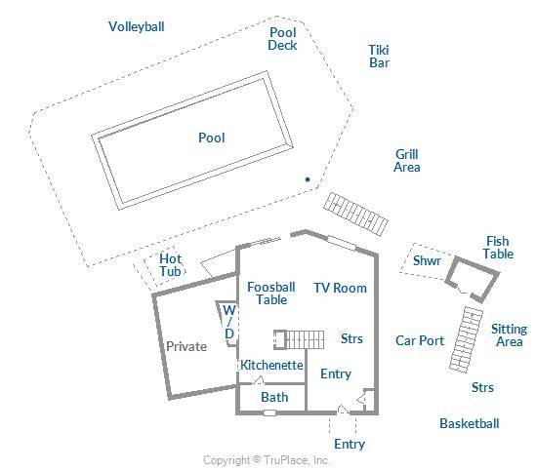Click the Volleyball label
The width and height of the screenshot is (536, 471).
coord(137,26)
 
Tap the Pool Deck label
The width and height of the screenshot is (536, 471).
coord(282,39)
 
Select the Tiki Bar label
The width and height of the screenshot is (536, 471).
coord(379,57)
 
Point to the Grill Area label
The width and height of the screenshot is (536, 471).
coord(407,161)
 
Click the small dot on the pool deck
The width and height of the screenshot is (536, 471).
coord(308,179)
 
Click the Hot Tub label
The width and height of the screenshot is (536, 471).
coord(171,265)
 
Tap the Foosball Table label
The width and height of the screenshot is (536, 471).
coord(271,294)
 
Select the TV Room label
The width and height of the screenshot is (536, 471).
coord(340,288)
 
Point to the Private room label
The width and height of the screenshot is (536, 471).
coord(186,347)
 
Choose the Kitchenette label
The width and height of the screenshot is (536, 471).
coord(271,365)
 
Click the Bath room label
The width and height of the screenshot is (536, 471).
coord(274,397)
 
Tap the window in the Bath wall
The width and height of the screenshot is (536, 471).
coord(269,412)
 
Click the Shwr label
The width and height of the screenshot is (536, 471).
coord(427,260)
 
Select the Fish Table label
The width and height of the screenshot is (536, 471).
coord(498,248)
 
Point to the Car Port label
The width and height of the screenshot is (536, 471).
coord(420,340)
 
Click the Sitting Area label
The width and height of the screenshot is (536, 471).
coord(510,335)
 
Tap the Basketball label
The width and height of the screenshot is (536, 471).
coord(470,423)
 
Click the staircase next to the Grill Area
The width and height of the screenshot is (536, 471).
coord(356,215)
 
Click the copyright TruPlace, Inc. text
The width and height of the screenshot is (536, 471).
coord(267,460)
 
